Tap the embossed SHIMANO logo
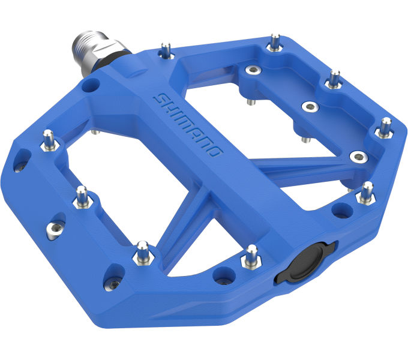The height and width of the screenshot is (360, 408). pos(187,124)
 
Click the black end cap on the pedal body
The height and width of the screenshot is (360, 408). pos(307,262)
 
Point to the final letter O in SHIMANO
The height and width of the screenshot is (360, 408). pos(216,151)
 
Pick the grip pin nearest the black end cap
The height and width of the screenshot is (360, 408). pos(251,256)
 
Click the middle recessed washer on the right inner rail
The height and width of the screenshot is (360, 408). pos(310,107)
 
